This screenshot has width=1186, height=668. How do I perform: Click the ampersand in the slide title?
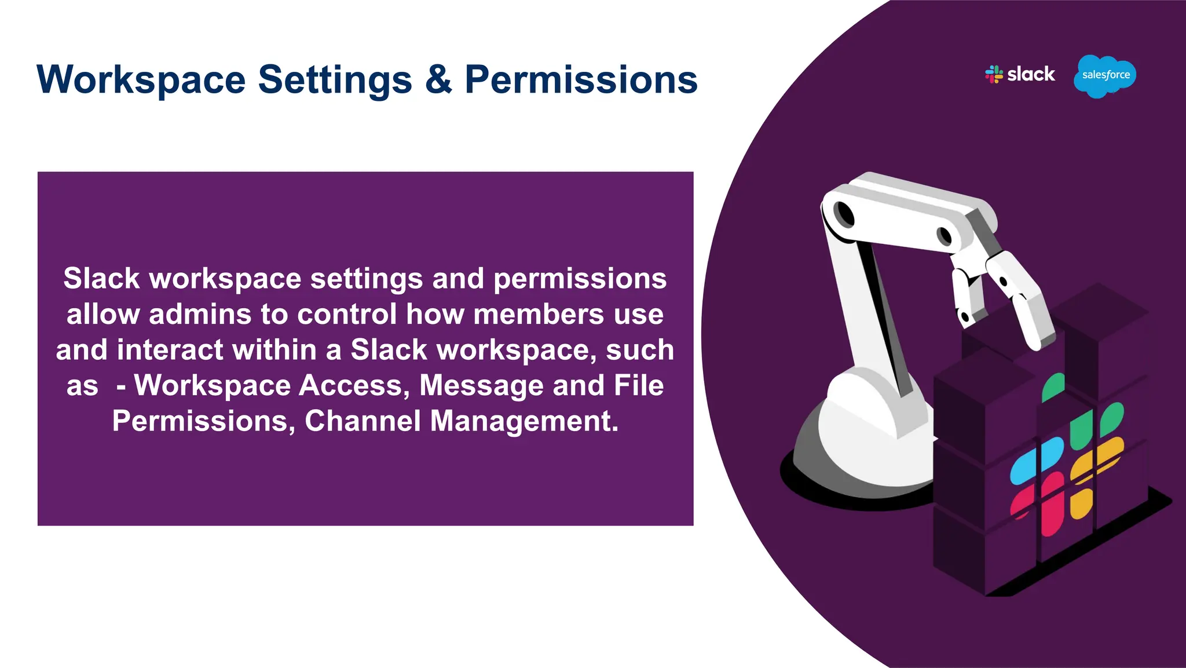(438, 79)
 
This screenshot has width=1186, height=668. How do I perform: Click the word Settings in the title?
(335, 81)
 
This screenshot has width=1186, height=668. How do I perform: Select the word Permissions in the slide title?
(581, 79)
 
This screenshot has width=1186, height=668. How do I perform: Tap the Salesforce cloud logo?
(1105, 76)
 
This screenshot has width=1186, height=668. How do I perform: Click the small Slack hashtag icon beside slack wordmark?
(994, 74)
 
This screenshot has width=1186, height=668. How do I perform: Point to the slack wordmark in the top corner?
(1031, 74)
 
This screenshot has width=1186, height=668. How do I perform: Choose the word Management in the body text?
(524, 421)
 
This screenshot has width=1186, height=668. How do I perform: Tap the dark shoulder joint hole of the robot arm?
(845, 214)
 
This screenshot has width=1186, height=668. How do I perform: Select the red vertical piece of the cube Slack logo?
(1052, 504)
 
